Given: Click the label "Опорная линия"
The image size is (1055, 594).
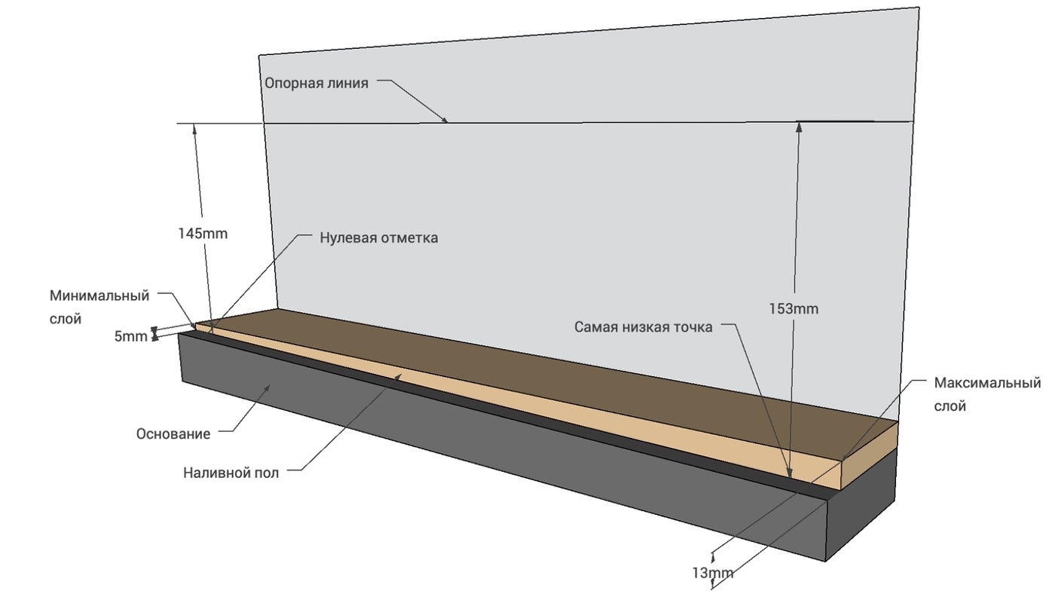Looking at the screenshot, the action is pos(316,84).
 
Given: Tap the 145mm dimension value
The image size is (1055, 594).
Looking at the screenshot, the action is pos(203,234).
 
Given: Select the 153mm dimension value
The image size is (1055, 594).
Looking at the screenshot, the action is pos(794,309).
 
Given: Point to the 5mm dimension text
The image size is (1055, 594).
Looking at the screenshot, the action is pos(130,337).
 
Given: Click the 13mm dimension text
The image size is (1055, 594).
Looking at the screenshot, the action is pos(713,574).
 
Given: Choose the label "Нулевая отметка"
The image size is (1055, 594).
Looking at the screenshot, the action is pos(378,238).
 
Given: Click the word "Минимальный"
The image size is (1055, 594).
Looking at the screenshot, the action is pos(99,295).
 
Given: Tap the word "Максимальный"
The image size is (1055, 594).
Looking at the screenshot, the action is pos(987,382).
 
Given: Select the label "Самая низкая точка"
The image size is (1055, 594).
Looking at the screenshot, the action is pos(643,327).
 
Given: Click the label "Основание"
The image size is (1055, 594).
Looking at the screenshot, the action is pos(173,434).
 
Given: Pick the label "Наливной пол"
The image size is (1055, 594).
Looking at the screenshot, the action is pos(231,473).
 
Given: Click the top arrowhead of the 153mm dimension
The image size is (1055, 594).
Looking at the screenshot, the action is pos(799,127).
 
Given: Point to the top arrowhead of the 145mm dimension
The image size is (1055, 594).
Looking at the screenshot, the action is pos(194,129).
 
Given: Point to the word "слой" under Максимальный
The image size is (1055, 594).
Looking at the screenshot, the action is pos(950,406).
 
